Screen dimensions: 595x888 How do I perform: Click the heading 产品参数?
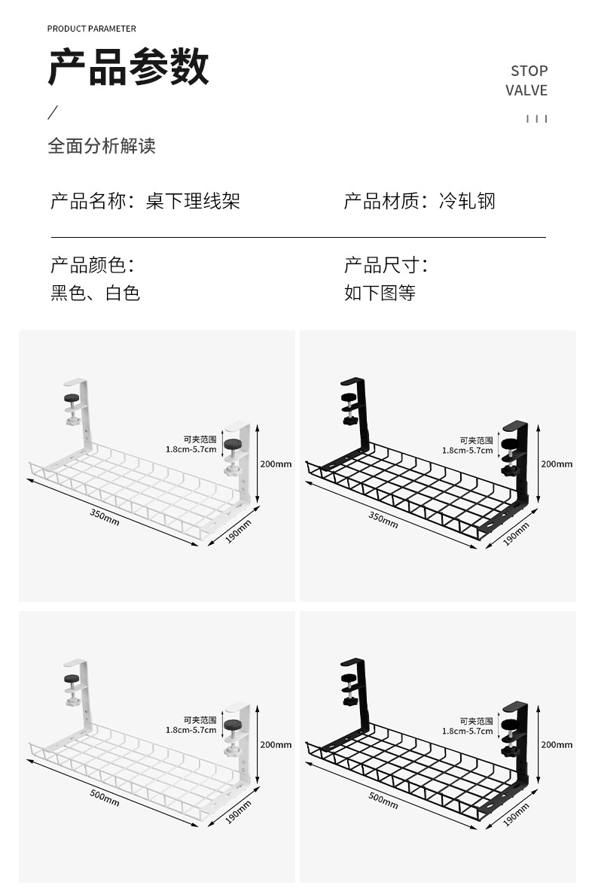(x=128, y=67)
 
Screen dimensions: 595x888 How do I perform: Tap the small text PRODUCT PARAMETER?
(x=92, y=29)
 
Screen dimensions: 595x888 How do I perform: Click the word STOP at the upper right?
(x=529, y=71)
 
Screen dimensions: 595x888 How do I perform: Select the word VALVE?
(x=526, y=90)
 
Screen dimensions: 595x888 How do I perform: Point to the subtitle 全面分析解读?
(x=102, y=146)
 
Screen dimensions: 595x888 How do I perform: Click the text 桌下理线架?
(x=193, y=202)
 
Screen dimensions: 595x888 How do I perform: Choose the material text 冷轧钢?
(x=467, y=202)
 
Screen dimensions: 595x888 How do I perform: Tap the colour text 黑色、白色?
(x=96, y=293)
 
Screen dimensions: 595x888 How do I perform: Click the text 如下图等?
(x=380, y=293)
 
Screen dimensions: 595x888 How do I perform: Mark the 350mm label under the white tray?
(x=105, y=517)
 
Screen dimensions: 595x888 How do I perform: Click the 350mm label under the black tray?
(x=383, y=519)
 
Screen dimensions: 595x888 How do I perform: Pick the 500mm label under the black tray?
(x=383, y=799)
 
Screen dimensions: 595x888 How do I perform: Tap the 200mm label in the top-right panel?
(x=556, y=464)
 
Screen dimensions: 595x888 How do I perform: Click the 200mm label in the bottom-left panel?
(x=276, y=744)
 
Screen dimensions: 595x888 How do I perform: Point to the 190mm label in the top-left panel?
(x=238, y=530)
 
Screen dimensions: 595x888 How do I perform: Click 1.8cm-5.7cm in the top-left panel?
(x=191, y=450)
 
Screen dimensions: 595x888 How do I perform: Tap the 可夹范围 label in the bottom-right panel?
(x=476, y=721)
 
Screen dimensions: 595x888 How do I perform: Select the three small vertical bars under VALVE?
(x=536, y=119)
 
